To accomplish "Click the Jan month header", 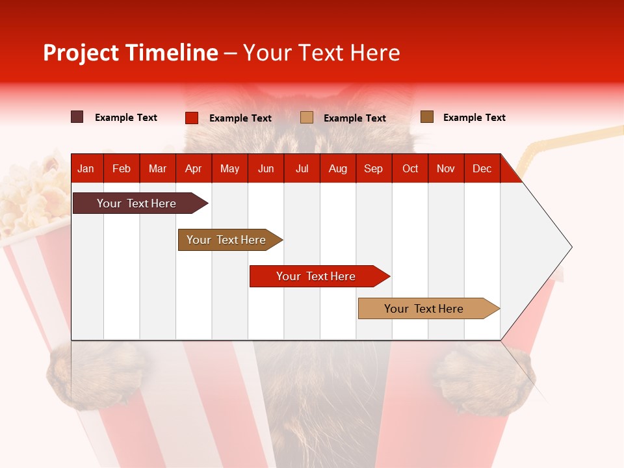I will pos(86,168).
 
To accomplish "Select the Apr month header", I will pos(193,168).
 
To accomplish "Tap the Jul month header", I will pos(302,168).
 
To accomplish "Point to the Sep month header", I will pos(373,168).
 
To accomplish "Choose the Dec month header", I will pos(482,168).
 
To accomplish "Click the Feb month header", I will pos(122,168).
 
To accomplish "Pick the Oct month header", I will pos(410,168).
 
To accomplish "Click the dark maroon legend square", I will pos(77,117).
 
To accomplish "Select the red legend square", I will pos(192,118).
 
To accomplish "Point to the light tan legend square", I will pos(307,117).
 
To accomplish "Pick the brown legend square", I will pos(427,117).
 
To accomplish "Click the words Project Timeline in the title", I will pos(131,53).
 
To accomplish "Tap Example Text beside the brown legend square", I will pos(474,118).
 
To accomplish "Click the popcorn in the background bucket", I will pos(29,195).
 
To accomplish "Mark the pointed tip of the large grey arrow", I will pos(571,247).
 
